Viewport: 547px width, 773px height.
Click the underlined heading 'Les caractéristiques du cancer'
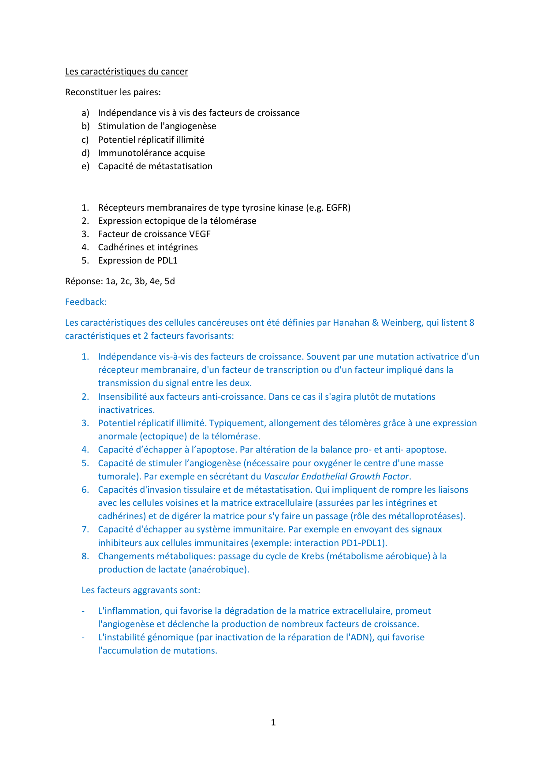click(127, 71)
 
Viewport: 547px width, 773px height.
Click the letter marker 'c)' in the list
click(85, 140)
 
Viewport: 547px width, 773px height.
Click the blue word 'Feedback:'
click(86, 302)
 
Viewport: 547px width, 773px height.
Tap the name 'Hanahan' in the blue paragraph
click(351, 323)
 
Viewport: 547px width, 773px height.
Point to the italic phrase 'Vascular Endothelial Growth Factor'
click(336, 476)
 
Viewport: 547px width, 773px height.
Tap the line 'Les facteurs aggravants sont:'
click(141, 590)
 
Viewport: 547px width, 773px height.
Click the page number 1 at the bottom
click(273, 722)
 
